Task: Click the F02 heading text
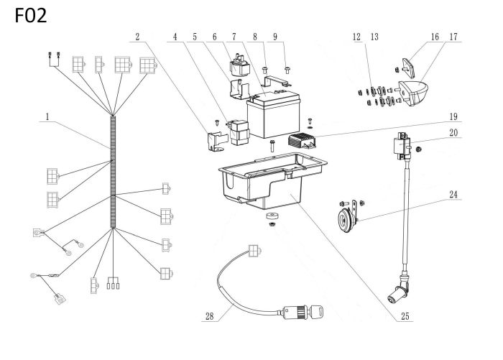(29, 16)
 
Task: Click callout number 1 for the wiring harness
(48, 115)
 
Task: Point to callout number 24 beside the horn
(454, 195)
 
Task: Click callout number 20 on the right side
(453, 132)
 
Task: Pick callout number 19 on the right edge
(453, 115)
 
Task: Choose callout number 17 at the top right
(454, 35)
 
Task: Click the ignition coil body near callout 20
(400, 146)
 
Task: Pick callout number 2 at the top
(138, 35)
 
